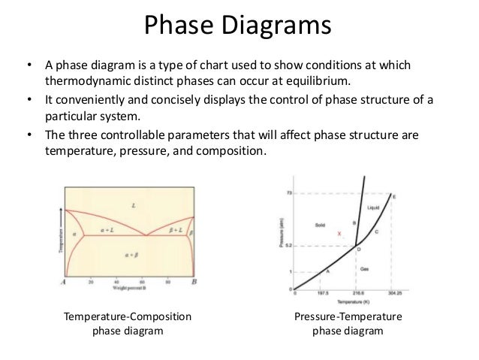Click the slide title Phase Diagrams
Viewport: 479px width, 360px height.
(x=239, y=28)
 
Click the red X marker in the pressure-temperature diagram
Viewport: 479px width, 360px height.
(x=339, y=234)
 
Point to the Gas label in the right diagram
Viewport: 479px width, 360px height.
(x=366, y=268)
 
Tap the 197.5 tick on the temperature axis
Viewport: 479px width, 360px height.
(x=324, y=293)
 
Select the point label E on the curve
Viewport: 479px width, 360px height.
(x=395, y=197)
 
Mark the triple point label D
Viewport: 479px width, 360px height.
(x=358, y=249)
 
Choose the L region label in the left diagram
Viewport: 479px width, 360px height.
(x=133, y=205)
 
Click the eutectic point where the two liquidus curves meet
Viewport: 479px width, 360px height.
(x=145, y=234)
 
